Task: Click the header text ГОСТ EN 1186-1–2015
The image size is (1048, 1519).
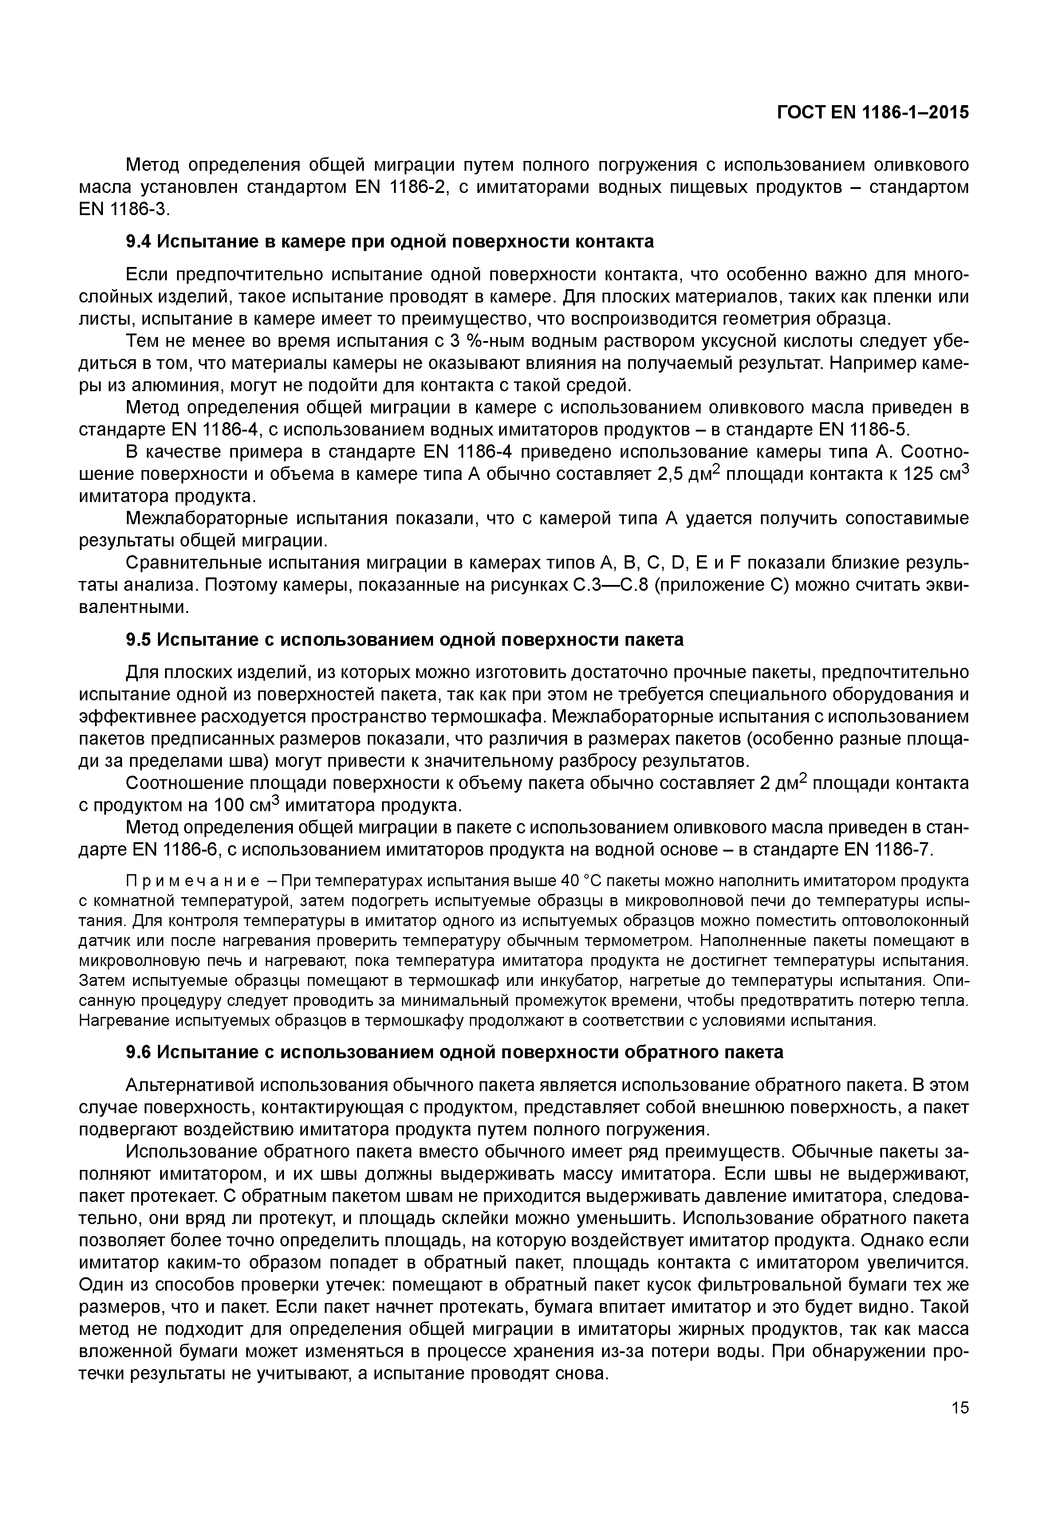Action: (873, 113)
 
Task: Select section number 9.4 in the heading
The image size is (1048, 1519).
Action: (138, 242)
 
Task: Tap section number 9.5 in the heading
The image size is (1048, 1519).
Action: (138, 640)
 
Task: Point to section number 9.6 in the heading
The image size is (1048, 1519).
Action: (138, 1052)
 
